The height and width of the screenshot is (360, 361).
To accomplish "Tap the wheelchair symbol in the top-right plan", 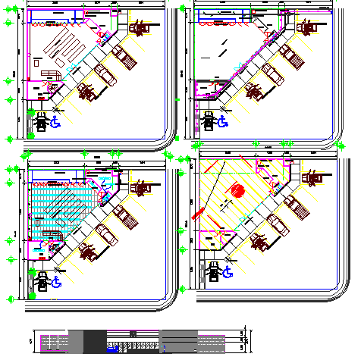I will [x=224, y=120].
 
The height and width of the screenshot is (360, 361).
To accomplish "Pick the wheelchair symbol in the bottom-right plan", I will [x=226, y=270].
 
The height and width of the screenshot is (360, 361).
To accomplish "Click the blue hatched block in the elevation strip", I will [x=112, y=349].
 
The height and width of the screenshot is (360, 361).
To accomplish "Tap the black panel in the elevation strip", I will [x=91, y=341].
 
